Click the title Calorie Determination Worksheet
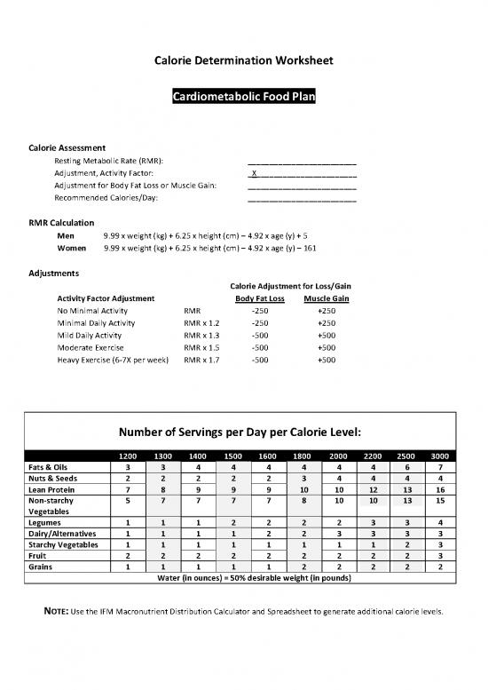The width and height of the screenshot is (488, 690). pos(244,61)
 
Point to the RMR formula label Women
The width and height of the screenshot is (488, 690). pos(72,250)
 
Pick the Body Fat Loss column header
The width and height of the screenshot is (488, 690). pos(260,298)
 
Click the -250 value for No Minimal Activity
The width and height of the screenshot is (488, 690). pos(260,311)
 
